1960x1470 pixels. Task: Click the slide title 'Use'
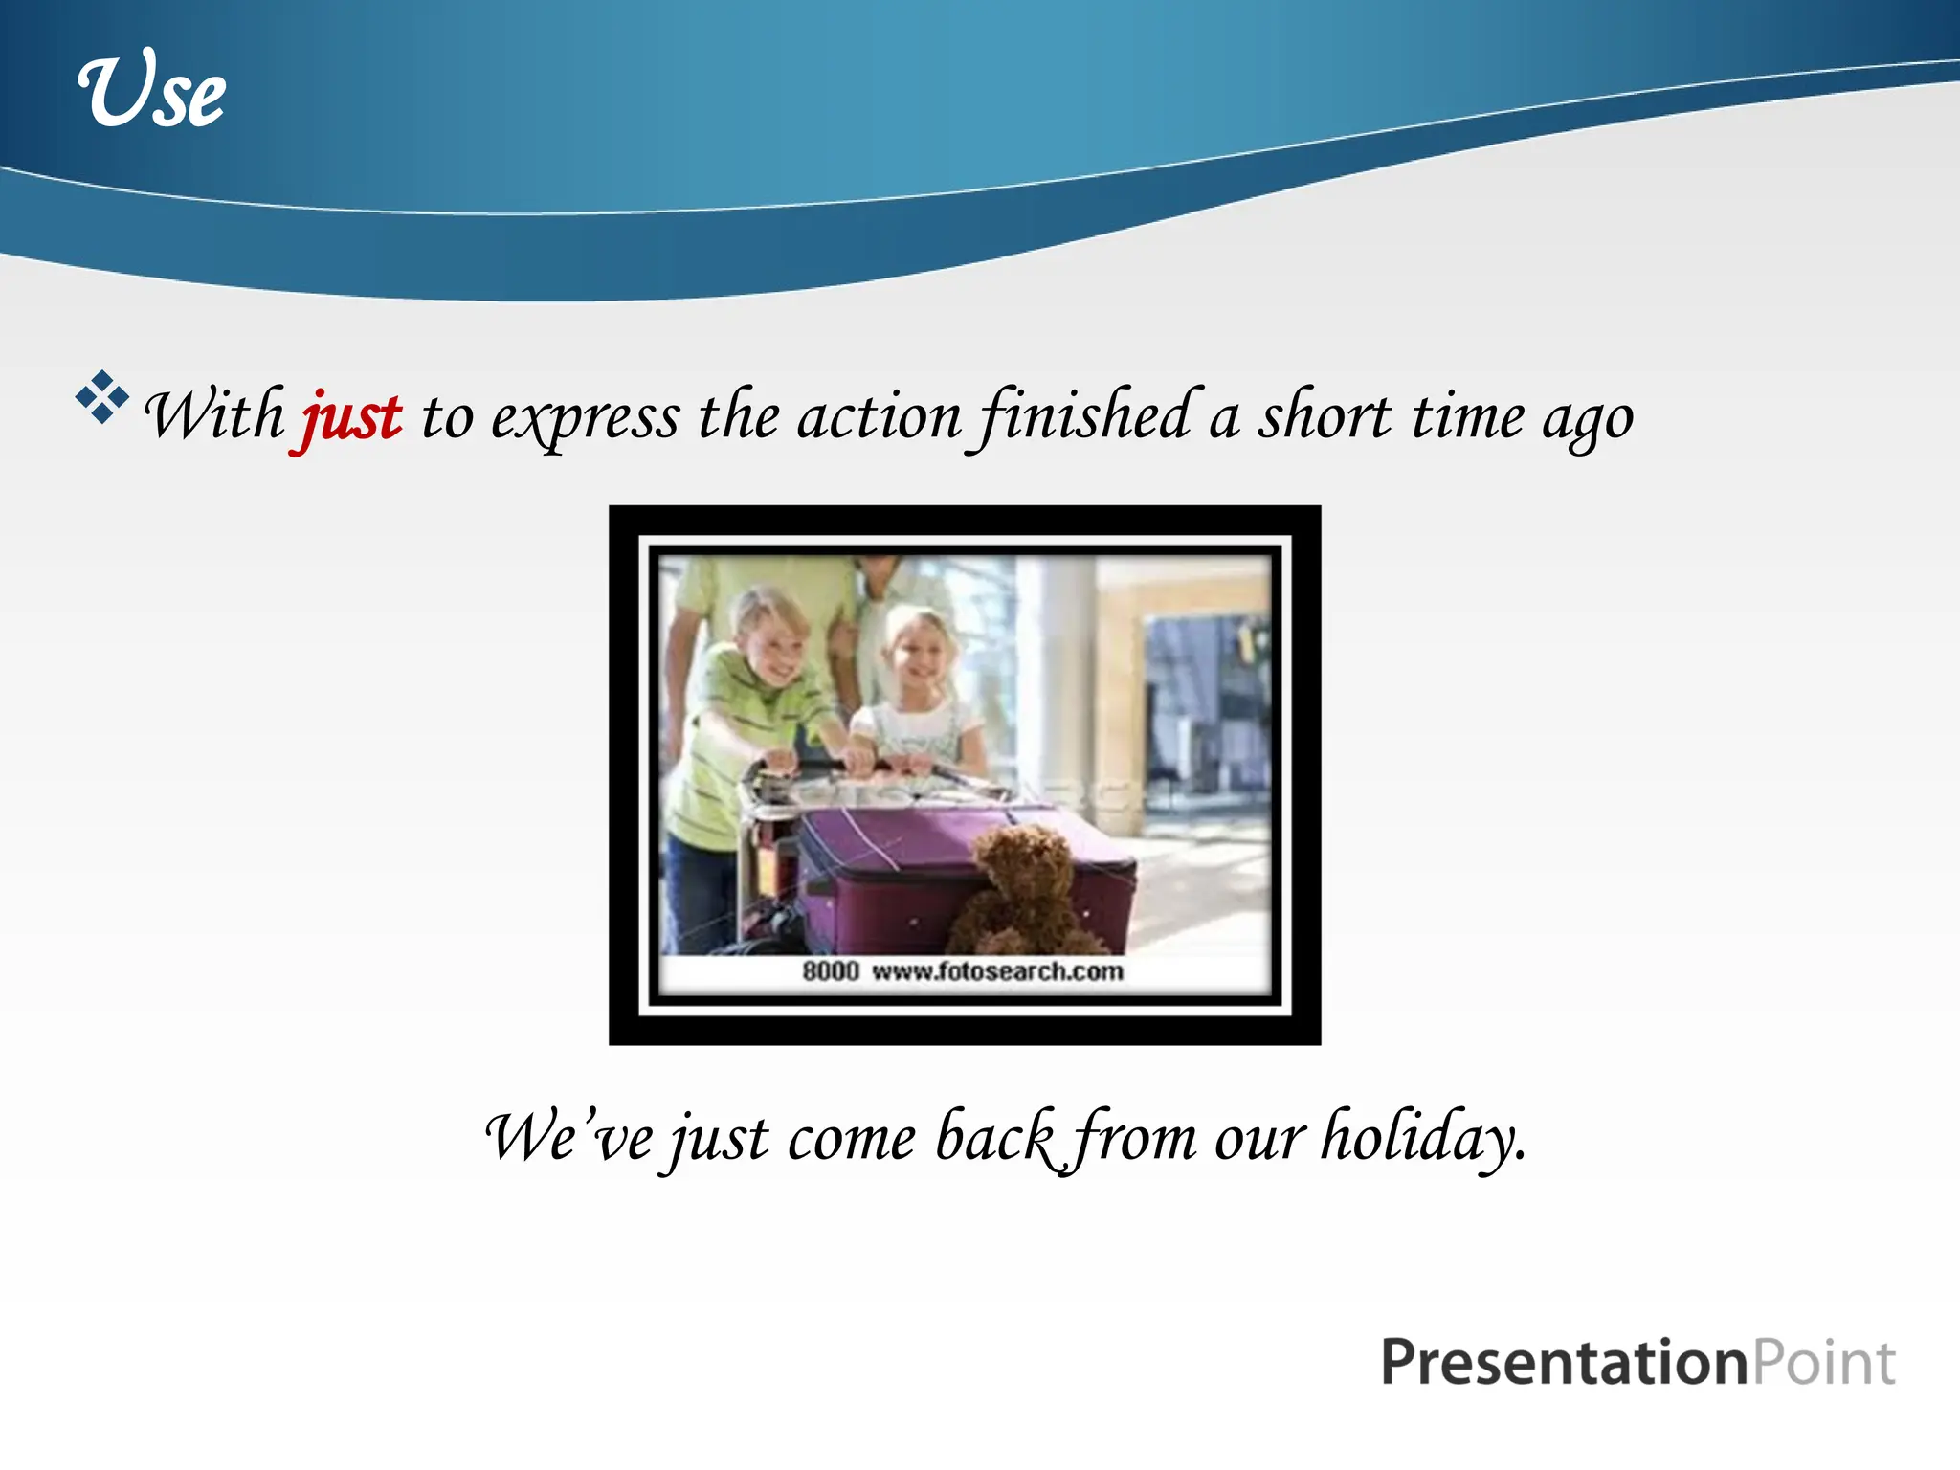click(x=152, y=91)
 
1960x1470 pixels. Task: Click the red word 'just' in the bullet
click(x=351, y=419)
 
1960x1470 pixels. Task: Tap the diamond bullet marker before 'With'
click(x=101, y=396)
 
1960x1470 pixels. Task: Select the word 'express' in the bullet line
click(x=585, y=419)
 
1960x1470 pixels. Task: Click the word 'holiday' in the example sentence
click(x=1422, y=1139)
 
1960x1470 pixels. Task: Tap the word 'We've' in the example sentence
click(x=569, y=1139)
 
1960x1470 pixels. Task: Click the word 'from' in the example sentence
click(x=1134, y=1139)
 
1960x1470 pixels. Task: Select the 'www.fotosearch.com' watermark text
click(x=997, y=971)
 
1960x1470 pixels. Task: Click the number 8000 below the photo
click(x=830, y=971)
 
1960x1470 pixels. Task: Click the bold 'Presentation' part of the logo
click(x=1564, y=1363)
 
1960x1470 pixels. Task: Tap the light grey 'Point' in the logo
click(x=1824, y=1363)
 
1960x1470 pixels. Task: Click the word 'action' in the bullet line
click(x=879, y=419)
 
